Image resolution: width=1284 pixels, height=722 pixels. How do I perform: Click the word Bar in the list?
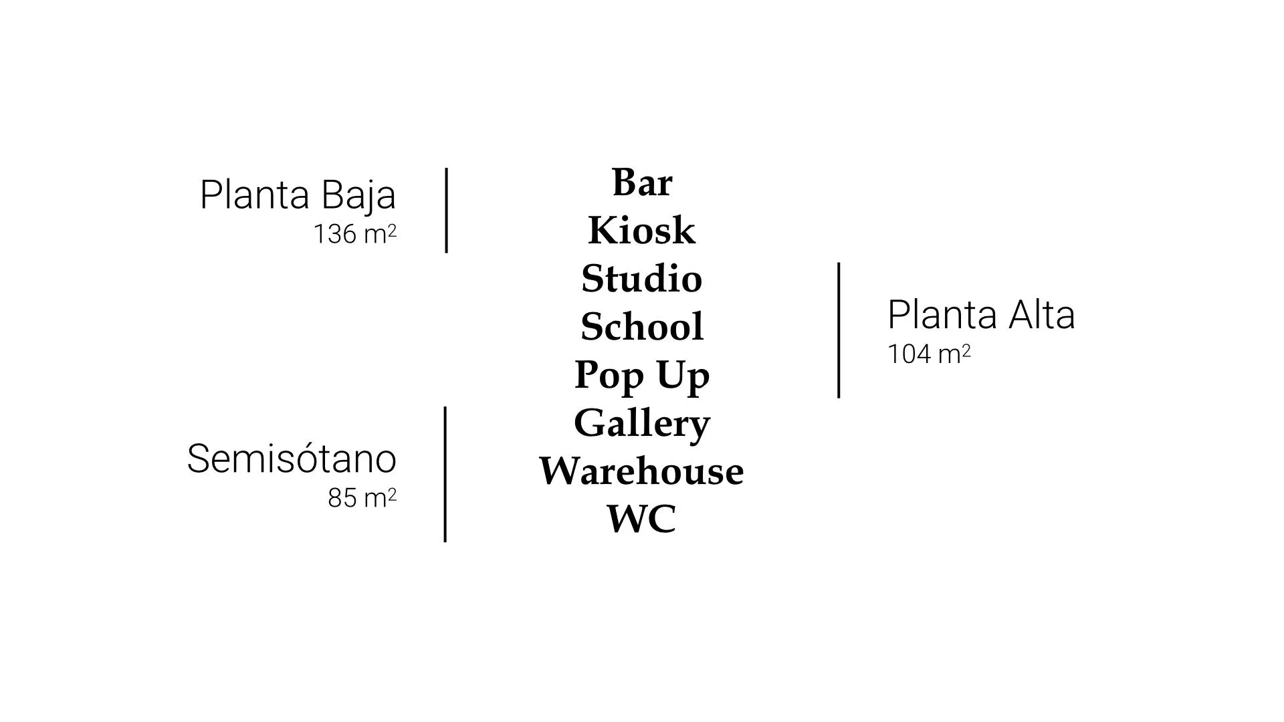[x=641, y=182]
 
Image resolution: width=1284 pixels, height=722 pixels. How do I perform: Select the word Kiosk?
[x=641, y=231]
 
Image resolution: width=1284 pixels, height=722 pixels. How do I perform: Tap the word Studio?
[x=641, y=279]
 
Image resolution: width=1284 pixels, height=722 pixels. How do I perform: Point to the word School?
[x=641, y=327]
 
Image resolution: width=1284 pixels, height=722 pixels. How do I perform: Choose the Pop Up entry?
[x=641, y=375]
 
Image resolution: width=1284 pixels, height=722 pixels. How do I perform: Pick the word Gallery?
[x=641, y=423]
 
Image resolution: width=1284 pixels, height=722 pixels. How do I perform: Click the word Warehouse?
[x=641, y=471]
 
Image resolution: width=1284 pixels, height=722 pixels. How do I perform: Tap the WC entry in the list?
[x=641, y=519]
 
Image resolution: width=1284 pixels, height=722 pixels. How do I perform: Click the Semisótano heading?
[x=292, y=459]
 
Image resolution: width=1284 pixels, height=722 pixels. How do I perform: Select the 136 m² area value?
[x=355, y=234]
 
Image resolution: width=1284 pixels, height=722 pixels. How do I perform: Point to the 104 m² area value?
[x=928, y=354]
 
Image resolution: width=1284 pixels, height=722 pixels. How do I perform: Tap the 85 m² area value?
[x=362, y=498]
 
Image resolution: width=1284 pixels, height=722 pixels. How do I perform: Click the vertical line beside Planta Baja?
[x=447, y=211]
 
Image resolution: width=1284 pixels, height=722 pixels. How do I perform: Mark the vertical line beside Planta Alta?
[x=839, y=330]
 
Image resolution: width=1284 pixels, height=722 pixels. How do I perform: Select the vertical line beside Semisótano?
[x=445, y=474]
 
